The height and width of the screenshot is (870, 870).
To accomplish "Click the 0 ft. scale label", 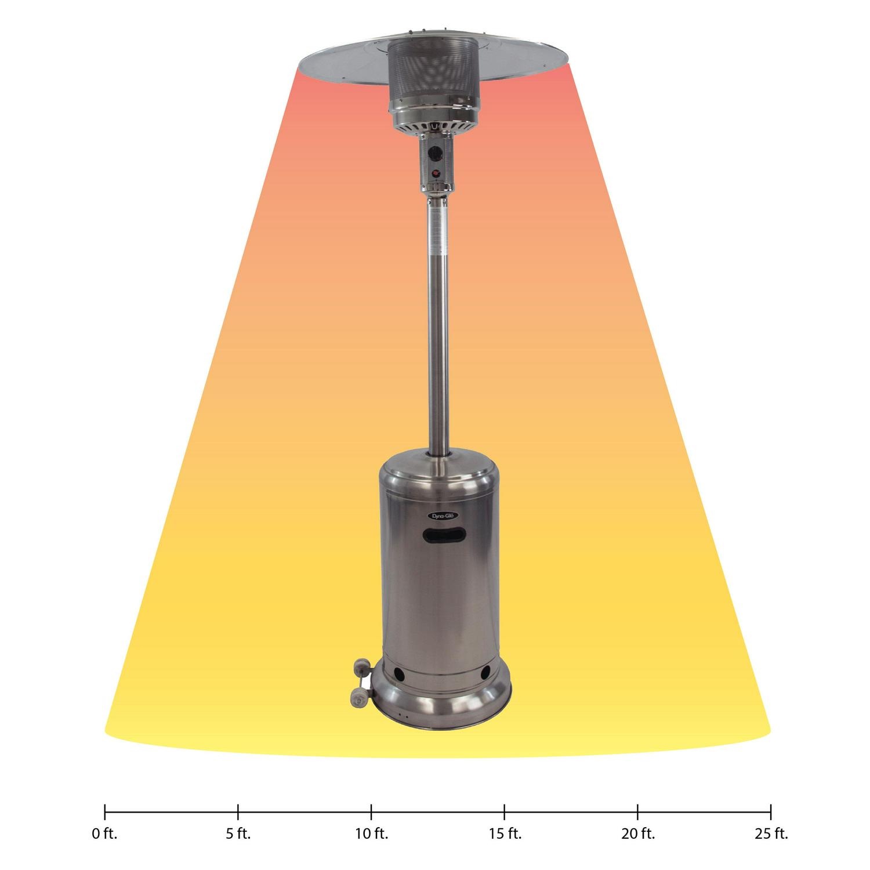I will click(104, 835).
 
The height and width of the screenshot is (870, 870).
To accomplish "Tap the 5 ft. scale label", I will click(238, 835).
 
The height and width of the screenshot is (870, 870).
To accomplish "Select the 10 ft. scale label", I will click(371, 835).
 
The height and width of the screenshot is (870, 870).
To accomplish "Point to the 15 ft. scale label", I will click(505, 835).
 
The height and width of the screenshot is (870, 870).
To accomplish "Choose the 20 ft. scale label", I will click(638, 835).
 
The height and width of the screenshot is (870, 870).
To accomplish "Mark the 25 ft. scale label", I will click(771, 835).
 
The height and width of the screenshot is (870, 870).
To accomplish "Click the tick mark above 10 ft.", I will click(371, 811).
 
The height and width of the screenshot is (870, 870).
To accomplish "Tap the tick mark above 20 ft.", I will click(638, 811).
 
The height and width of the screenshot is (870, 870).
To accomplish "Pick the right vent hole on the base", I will click(483, 673).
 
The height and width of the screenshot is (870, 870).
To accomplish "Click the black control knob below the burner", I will click(436, 155).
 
